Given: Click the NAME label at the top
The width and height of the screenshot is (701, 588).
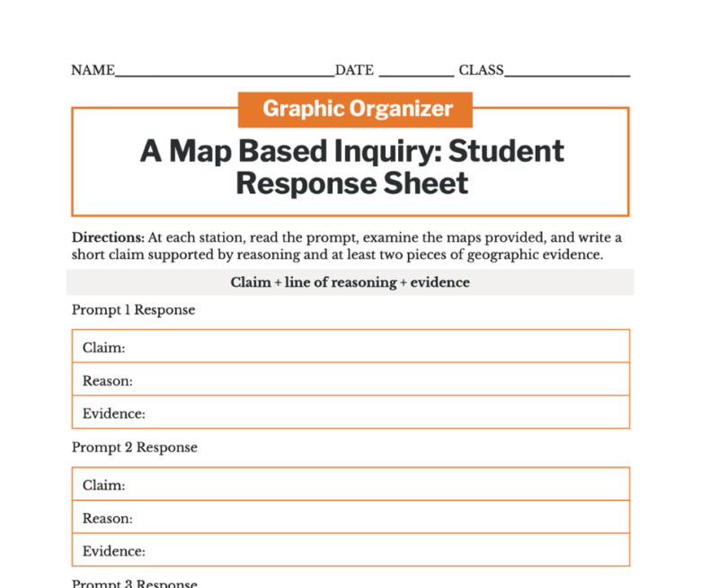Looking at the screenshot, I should [93, 70].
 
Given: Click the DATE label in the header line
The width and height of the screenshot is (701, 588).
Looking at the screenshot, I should [354, 70].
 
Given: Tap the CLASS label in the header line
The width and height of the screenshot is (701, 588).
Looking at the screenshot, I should [481, 70].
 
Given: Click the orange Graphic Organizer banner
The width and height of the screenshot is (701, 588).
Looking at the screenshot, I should [357, 109].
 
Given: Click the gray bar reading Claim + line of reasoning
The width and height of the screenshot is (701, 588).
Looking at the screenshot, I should [350, 282].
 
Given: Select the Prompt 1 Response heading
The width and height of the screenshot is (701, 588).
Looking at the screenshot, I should [133, 310].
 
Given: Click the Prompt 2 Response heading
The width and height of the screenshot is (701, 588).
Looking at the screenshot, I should [134, 447].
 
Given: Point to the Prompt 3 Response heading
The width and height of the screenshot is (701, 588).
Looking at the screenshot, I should [134, 584].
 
